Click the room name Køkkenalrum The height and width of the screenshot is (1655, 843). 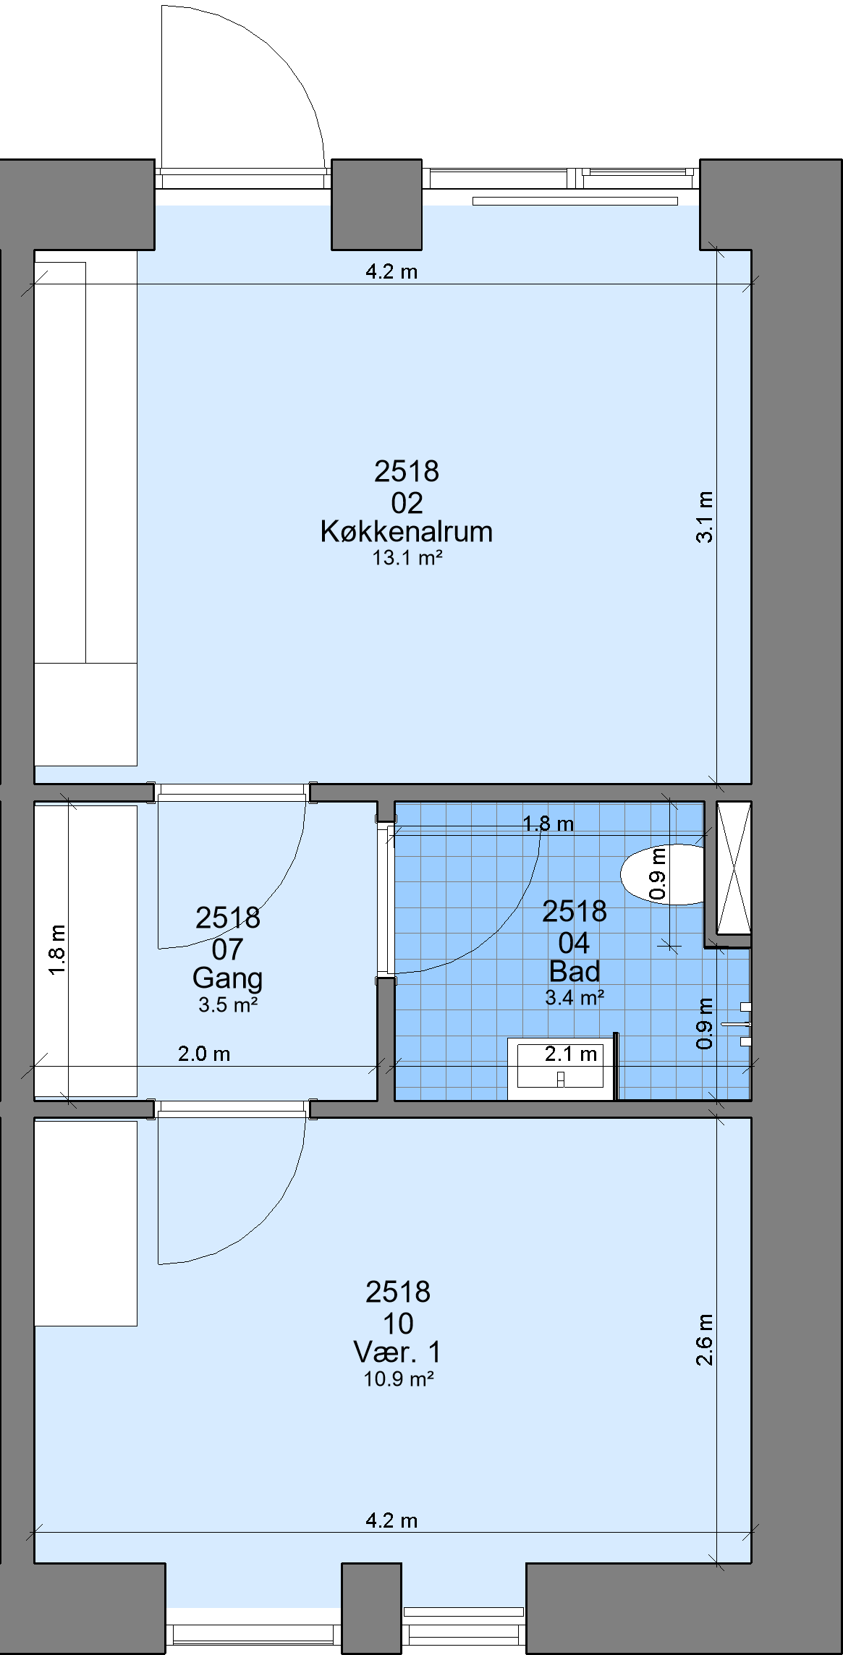click(x=407, y=531)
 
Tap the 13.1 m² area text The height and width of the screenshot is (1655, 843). click(x=407, y=558)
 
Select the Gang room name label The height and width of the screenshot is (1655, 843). click(x=227, y=978)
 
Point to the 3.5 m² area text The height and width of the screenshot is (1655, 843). click(x=228, y=1004)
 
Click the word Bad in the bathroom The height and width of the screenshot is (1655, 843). click(x=575, y=970)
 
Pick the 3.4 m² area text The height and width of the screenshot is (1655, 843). click(x=575, y=997)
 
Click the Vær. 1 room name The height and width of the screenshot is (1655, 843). click(x=397, y=1352)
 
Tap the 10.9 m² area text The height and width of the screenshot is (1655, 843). click(x=399, y=1379)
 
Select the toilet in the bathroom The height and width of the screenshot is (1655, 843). click(x=663, y=874)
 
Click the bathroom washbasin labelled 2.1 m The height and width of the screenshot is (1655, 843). click(x=560, y=1069)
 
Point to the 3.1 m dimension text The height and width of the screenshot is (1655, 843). click(x=705, y=517)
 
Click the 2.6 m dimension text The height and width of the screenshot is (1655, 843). click(x=705, y=1339)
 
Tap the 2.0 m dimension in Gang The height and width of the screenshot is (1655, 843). click(x=204, y=1054)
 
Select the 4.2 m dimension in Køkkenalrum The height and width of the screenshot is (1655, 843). click(x=391, y=271)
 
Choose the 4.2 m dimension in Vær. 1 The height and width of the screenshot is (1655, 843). click(x=391, y=1520)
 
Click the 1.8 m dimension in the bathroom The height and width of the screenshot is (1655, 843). click(x=548, y=824)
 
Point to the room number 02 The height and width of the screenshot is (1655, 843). click(x=407, y=502)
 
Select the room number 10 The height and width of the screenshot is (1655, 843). click(x=398, y=1324)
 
